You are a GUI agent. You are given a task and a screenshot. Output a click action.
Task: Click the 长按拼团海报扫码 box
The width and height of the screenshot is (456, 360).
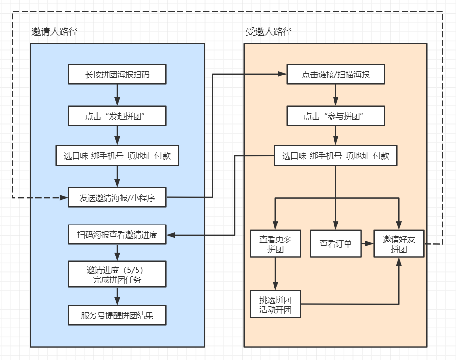click(x=117, y=75)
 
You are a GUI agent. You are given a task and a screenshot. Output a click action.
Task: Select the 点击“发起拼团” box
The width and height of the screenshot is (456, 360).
click(x=117, y=116)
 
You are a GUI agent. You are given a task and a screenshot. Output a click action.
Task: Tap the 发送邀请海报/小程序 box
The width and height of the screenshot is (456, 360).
click(x=117, y=197)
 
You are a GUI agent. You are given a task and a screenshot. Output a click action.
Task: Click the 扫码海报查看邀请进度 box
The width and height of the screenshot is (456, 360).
click(x=117, y=234)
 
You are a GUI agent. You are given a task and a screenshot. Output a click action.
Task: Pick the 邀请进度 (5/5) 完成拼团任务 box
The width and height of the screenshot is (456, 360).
click(x=117, y=274)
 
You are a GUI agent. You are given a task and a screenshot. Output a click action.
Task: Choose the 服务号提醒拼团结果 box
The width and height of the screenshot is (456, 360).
click(x=117, y=315)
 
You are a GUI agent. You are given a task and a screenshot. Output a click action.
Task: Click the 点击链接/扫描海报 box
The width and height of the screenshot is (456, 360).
click(x=335, y=75)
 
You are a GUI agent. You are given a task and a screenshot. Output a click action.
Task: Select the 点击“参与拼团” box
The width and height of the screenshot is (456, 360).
click(x=335, y=116)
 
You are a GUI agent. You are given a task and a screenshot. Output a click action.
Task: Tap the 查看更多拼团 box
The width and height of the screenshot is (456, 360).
click(x=275, y=244)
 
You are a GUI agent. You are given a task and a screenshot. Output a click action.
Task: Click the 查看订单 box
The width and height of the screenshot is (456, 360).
click(x=335, y=244)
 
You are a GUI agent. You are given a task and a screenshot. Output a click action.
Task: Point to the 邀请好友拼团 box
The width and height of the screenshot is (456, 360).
click(x=399, y=244)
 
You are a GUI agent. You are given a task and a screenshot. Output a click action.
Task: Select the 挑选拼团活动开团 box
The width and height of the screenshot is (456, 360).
click(x=275, y=304)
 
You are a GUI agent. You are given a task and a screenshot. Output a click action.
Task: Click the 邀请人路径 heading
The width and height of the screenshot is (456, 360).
click(x=55, y=31)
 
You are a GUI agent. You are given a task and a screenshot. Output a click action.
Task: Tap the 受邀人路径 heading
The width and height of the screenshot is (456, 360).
click(x=269, y=31)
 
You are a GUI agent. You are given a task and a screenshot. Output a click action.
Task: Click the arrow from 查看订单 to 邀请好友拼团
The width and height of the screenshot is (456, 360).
click(x=367, y=244)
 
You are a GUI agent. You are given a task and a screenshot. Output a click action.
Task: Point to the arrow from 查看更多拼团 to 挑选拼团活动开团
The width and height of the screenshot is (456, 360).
click(x=275, y=274)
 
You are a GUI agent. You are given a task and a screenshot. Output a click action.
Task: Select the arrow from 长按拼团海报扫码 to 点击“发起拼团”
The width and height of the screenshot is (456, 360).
click(x=117, y=95)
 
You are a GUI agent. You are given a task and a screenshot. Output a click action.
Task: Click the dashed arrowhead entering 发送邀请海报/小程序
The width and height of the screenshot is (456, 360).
click(x=64, y=198)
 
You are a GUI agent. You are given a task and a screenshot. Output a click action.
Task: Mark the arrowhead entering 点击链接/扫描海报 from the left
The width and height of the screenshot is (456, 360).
click(x=282, y=74)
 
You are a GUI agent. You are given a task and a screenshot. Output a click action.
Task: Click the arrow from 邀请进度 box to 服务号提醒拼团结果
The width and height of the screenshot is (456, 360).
click(x=117, y=296)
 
